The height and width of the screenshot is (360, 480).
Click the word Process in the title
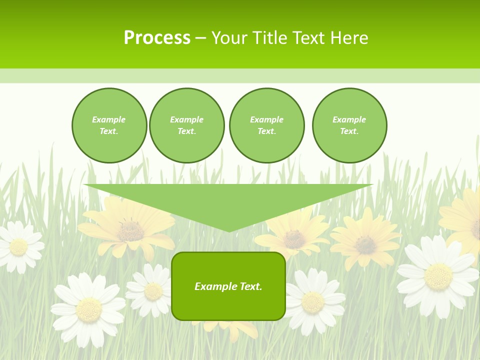point(157,37)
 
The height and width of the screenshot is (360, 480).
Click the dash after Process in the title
point(200,38)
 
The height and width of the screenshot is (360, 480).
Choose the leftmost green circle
point(109,125)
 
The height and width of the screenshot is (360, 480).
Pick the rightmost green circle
point(349,125)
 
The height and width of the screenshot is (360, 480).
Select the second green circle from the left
point(187,125)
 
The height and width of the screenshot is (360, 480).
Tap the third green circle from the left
point(267,125)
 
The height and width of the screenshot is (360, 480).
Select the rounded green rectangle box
point(228,286)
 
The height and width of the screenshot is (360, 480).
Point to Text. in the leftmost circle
point(109,131)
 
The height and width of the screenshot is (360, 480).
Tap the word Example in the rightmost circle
point(349,119)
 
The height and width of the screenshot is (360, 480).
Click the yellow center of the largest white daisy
point(438,276)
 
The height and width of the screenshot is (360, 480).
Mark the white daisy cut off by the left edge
point(18,247)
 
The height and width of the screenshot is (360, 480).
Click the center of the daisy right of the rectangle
point(313,301)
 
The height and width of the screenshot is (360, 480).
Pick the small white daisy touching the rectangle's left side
point(152,290)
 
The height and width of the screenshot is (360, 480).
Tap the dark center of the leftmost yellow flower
point(130,230)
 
